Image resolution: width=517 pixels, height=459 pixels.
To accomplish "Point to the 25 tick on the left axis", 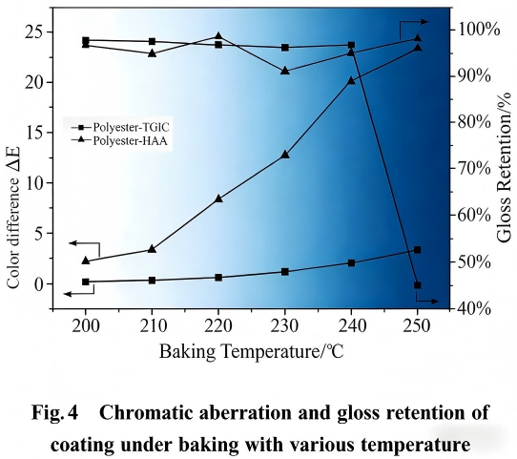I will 39,31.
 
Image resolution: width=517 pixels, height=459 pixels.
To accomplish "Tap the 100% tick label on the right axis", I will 477,29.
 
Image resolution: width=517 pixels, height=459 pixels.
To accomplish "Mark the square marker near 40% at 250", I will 417,284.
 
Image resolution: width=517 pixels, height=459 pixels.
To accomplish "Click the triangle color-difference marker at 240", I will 351,80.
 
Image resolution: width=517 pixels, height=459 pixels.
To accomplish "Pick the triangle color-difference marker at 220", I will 218,198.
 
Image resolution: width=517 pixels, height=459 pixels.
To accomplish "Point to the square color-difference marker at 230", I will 284,272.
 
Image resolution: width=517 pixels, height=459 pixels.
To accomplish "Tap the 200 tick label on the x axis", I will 86,323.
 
